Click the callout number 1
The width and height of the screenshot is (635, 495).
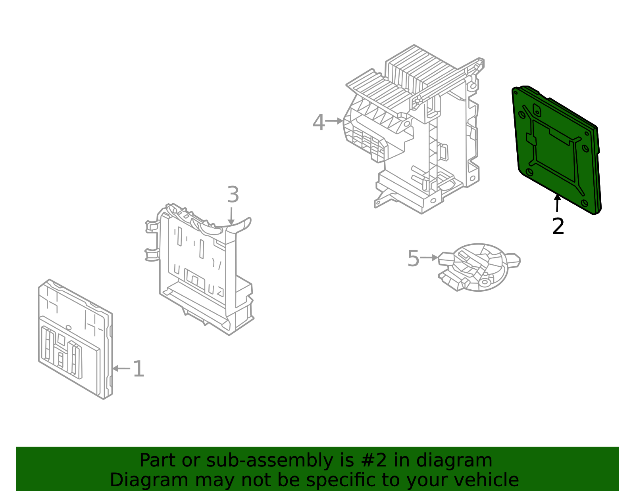139,369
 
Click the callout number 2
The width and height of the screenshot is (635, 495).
558,226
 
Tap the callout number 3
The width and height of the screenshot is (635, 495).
233,195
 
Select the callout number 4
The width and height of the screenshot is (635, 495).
319,122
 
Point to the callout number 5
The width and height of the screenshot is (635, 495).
413,258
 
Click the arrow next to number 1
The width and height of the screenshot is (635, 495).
121,369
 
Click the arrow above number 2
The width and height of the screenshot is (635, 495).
558,203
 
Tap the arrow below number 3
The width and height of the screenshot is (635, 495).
231,216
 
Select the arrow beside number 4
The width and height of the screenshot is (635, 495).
334,121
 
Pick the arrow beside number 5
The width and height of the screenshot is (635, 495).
429,258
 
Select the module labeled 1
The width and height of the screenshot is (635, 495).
75,339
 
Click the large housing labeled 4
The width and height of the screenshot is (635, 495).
415,128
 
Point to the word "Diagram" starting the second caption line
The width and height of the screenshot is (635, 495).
149,480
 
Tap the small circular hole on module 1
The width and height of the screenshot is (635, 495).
68,328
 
